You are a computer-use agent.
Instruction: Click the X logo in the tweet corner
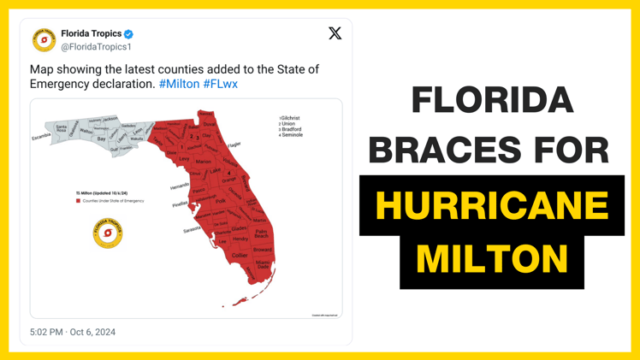click(335, 33)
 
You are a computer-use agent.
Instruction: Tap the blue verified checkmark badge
click(129, 34)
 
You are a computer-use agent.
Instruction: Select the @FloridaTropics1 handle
click(96, 46)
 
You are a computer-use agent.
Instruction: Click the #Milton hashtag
click(179, 84)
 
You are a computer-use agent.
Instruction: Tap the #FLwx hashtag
click(221, 84)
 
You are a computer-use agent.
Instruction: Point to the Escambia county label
click(41, 137)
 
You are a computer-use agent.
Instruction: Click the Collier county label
click(240, 255)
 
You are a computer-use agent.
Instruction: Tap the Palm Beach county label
click(261, 233)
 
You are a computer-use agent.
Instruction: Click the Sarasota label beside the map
click(192, 229)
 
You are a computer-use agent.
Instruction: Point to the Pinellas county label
click(180, 204)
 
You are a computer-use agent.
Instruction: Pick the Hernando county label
click(180, 186)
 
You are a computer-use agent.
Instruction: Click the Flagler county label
click(234, 145)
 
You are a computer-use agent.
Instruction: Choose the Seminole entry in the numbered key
click(291, 135)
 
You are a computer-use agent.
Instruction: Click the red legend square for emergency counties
click(78, 201)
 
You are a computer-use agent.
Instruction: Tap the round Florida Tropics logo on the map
click(108, 233)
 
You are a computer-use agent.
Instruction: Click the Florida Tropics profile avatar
click(44, 39)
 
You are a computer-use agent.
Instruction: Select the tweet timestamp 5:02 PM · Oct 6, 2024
click(73, 332)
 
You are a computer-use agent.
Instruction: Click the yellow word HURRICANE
click(491, 206)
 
